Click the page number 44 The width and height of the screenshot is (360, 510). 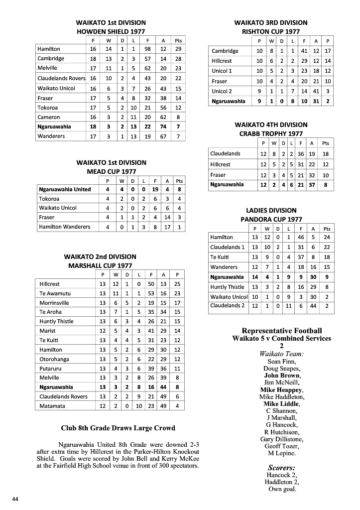pyautogui.click(x=15, y=499)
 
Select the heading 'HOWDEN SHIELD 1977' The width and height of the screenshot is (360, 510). pyautogui.click(x=111, y=31)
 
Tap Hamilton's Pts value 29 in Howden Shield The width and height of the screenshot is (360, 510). pyautogui.click(x=178, y=49)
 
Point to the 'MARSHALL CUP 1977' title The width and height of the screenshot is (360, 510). pyautogui.click(x=100, y=265)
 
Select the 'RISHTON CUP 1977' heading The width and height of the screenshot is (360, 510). pyautogui.click(x=271, y=31)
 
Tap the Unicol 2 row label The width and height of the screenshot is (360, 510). pyautogui.click(x=222, y=91)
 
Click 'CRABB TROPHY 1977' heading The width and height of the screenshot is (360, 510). pyautogui.click(x=271, y=133)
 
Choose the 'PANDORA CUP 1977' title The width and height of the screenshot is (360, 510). pyautogui.click(x=271, y=219)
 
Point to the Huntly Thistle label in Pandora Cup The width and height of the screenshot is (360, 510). pyautogui.click(x=227, y=287)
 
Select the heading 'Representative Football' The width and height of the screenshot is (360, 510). pyautogui.click(x=281, y=331)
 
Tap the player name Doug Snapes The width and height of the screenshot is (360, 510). pyautogui.click(x=281, y=369)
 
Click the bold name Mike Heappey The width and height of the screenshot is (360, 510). pyautogui.click(x=281, y=389)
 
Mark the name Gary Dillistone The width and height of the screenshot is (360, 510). pyautogui.click(x=281, y=439)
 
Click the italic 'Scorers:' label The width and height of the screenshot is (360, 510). pyautogui.click(x=281, y=468)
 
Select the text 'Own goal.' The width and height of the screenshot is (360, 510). pyautogui.click(x=281, y=489)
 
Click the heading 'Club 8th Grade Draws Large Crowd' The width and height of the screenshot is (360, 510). pyautogui.click(x=118, y=428)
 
